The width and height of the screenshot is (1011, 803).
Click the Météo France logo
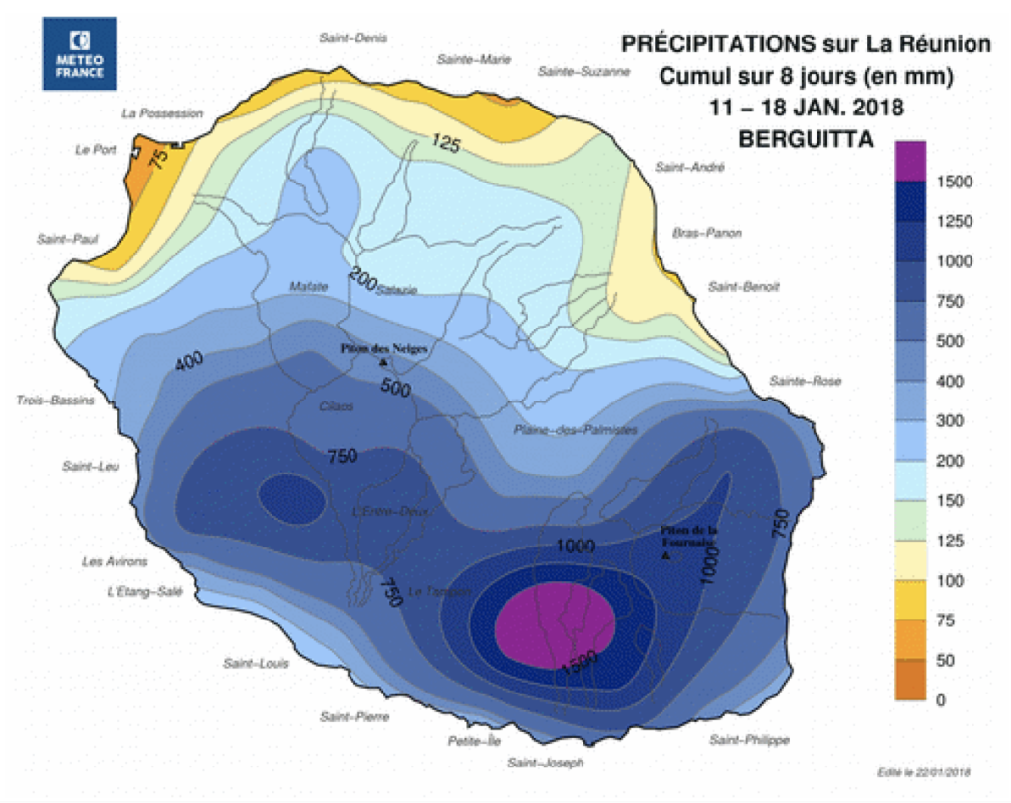[80, 53]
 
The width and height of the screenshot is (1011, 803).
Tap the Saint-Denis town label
[352, 37]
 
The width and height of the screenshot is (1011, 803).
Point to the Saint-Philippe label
[749, 739]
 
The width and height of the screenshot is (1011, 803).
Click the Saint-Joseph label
[545, 763]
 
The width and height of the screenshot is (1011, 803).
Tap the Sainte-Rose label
[806, 381]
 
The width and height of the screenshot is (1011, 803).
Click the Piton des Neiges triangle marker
[383, 363]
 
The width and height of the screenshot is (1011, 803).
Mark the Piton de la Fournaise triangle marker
[666, 557]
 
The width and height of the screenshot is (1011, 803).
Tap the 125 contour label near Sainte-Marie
[446, 144]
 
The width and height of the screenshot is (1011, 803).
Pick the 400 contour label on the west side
[189, 363]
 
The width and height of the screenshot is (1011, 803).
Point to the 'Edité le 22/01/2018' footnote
[922, 771]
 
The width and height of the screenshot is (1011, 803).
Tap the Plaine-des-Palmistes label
[576, 430]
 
